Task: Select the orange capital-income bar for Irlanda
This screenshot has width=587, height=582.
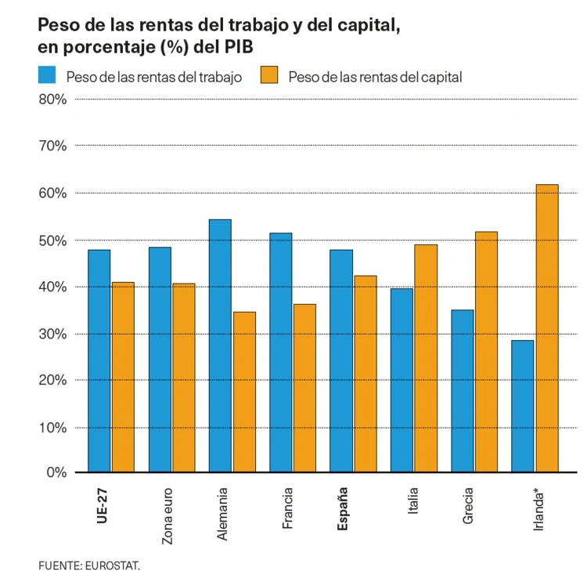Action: click(547, 328)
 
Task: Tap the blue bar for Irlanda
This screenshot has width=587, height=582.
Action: click(523, 406)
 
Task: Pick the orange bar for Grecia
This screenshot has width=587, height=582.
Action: click(486, 352)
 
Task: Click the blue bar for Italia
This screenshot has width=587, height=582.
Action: click(402, 380)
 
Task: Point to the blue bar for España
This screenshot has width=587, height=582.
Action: click(341, 360)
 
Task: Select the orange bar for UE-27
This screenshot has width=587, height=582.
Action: click(123, 377)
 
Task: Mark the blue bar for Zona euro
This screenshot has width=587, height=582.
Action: click(160, 360)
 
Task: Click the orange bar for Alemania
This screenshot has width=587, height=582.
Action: click(244, 392)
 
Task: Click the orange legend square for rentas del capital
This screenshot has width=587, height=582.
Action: click(269, 76)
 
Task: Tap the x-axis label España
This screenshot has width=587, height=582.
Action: click(342, 509)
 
